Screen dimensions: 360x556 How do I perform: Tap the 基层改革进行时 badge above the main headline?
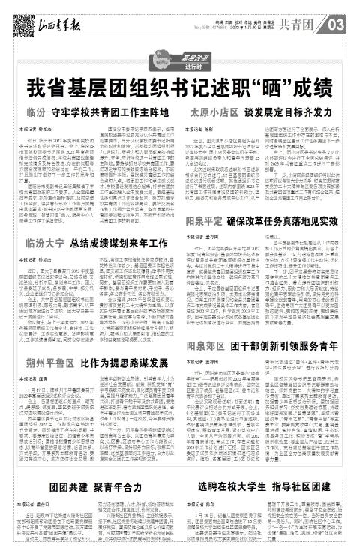coord(179,58)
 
